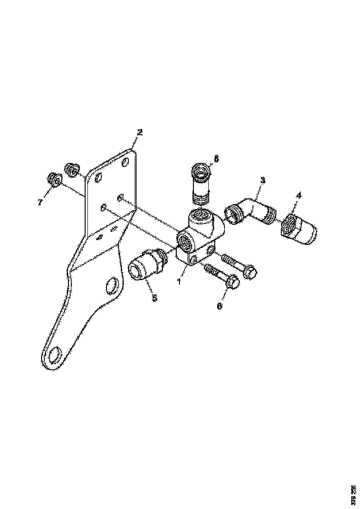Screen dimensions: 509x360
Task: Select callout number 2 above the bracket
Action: click(x=140, y=132)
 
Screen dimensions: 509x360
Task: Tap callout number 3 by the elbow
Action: click(x=262, y=180)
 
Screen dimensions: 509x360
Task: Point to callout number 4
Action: click(x=298, y=196)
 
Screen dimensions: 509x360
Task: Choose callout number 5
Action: click(x=155, y=298)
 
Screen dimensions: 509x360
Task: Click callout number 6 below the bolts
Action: click(x=220, y=306)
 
